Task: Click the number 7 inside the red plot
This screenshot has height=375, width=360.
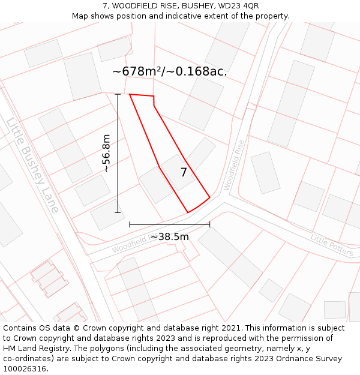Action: tap(184, 173)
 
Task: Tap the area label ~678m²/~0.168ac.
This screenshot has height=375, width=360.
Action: tap(170, 71)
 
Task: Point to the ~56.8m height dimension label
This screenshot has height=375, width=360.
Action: tap(106, 154)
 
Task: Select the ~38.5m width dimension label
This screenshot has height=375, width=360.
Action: tap(169, 236)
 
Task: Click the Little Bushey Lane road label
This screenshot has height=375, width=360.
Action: tap(32, 165)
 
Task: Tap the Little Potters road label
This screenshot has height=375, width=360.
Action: tap(332, 245)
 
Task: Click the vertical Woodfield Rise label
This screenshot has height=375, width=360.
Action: tap(235, 165)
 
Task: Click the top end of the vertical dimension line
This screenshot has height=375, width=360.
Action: tap(118, 94)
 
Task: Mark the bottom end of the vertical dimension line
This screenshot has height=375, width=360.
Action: tap(118, 212)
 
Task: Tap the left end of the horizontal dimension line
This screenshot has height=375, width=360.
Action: tap(130, 224)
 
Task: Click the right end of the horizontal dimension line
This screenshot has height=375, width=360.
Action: tap(209, 224)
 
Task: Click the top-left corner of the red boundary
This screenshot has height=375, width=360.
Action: tap(130, 94)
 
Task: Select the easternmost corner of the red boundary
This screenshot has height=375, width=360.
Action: tap(209, 197)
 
